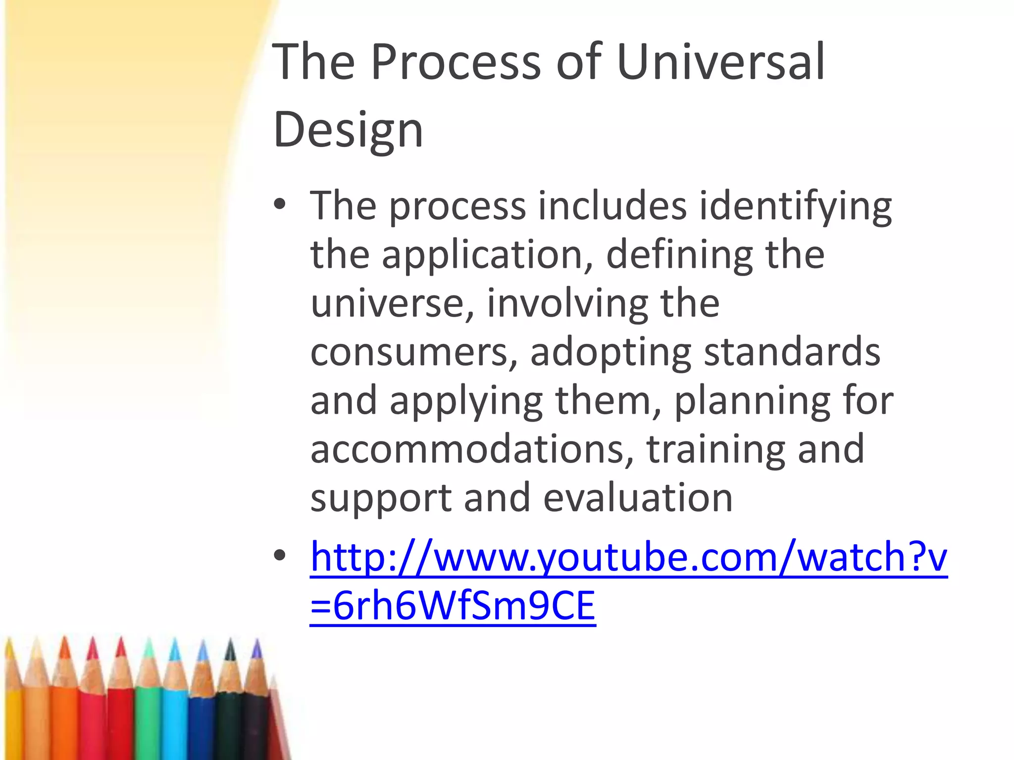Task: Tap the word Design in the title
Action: click(348, 130)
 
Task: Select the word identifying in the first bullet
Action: click(795, 206)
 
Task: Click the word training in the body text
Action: click(716, 449)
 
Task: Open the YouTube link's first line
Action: click(628, 557)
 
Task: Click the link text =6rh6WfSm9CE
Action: click(453, 606)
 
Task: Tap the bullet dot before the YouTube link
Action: click(280, 556)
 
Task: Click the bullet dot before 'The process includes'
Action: click(280, 204)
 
